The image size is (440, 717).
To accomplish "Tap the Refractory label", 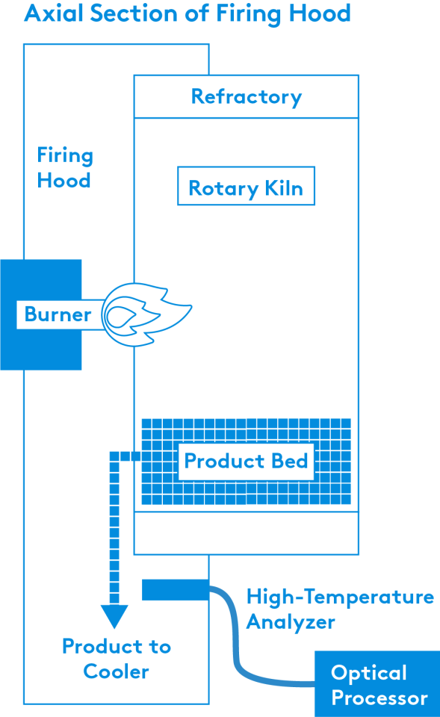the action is pyautogui.click(x=247, y=97).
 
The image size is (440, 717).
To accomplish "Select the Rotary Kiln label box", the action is pyautogui.click(x=246, y=186).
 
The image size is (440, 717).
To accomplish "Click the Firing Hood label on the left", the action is pyautogui.click(x=65, y=168).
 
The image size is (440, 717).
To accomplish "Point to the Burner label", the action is pyautogui.click(x=58, y=314).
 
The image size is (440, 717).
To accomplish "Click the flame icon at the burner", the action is pyautogui.click(x=146, y=314).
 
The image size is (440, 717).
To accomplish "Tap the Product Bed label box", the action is pyautogui.click(x=246, y=462).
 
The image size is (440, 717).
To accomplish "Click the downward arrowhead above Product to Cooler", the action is pyautogui.click(x=114, y=616).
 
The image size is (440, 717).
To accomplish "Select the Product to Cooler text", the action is pyautogui.click(x=117, y=659).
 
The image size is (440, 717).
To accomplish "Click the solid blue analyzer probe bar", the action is pyautogui.click(x=176, y=590).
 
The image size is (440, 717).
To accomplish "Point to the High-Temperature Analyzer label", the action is pyautogui.click(x=340, y=609).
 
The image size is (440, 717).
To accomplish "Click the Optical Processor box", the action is pyautogui.click(x=377, y=684).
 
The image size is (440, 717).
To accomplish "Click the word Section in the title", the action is pyautogui.click(x=134, y=13).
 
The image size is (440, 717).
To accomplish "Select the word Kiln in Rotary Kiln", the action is pyautogui.click(x=284, y=188).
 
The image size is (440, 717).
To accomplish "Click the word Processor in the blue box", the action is pyautogui.click(x=379, y=698).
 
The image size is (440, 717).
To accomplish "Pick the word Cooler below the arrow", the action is pyautogui.click(x=117, y=671).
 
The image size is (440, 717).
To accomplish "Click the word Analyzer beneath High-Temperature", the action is pyautogui.click(x=291, y=622).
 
